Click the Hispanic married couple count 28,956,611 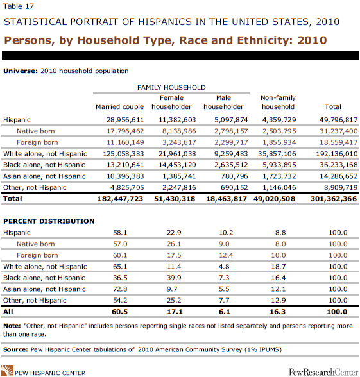point(125,120)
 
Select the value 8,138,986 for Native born point(179,131)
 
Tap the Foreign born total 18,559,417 point(339,142)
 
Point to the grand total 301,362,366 point(334,199)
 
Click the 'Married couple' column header point(119,106)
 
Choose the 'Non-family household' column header point(278,102)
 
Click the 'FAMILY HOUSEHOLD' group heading point(171,87)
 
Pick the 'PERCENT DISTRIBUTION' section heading point(49,221)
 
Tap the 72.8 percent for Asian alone point(120,289)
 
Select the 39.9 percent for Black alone point(174,278)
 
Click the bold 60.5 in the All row point(119,312)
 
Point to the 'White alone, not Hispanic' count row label point(45,154)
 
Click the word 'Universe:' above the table point(21,71)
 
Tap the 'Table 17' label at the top point(19,6)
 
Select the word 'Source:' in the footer point(15,349)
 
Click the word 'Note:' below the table point(12,326)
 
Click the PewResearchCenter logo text point(323,372)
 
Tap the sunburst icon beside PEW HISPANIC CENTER point(6,371)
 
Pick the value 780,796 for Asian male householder point(234,176)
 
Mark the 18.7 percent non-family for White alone point(279,267)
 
